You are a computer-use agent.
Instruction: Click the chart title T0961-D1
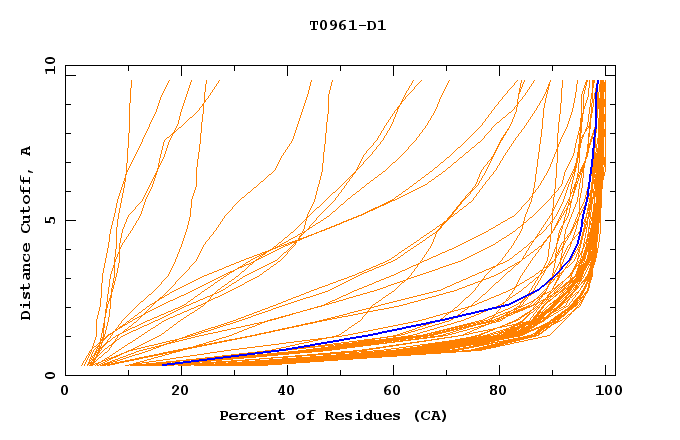click(347, 26)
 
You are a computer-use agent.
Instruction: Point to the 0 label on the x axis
click(65, 392)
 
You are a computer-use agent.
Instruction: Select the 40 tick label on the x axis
click(287, 392)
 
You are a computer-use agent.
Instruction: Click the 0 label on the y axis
click(50, 376)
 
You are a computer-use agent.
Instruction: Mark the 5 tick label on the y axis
click(50, 220)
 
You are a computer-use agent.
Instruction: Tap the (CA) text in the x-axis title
click(430, 415)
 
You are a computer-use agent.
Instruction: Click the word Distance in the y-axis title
click(26, 280)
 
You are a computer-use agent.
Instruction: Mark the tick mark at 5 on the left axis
click(69, 220)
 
